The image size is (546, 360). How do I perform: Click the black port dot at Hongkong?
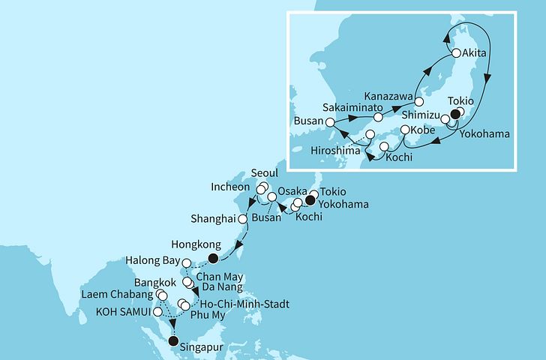click(213, 259)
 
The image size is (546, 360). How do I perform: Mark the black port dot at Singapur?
click(174, 341)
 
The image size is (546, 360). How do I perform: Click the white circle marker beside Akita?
click(455, 53)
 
